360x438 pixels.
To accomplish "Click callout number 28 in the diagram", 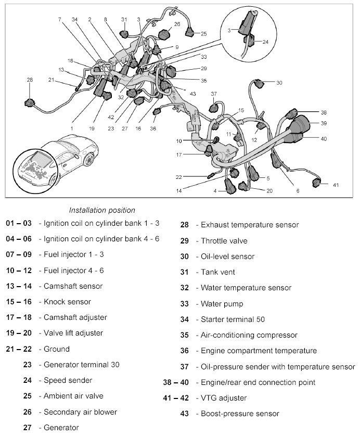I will click(x=30, y=80).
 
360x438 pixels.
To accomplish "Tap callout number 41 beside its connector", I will click(x=336, y=184).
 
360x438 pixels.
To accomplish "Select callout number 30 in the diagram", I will click(x=279, y=83).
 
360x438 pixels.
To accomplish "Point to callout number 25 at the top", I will click(x=203, y=33).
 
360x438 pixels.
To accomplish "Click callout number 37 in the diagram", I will click(x=214, y=94).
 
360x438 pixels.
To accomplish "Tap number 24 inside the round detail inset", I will click(x=265, y=42).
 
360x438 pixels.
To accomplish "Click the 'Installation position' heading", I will click(x=102, y=210).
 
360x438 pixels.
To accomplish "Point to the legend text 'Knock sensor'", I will click(x=67, y=302).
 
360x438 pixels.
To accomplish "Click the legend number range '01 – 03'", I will click(x=19, y=223).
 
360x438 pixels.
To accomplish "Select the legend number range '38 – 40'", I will click(x=175, y=382).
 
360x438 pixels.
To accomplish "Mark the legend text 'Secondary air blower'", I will click(x=80, y=411).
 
